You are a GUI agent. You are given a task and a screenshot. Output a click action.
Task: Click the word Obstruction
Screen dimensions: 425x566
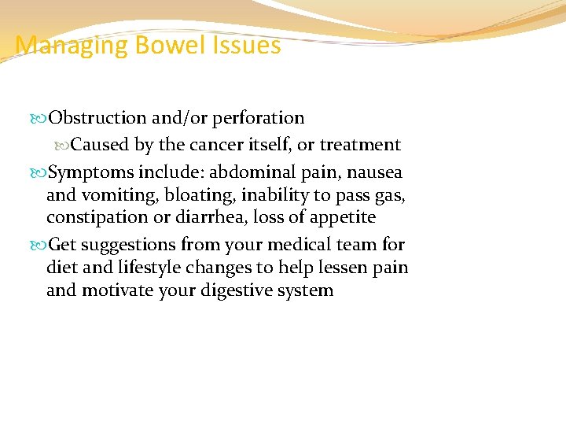tap(97, 118)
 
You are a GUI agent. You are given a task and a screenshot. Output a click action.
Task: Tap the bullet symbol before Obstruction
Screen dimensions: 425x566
tap(41, 119)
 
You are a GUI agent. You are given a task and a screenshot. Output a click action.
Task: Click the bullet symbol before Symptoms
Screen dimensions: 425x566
tap(41, 172)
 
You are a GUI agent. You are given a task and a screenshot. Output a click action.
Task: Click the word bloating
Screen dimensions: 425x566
tap(192, 194)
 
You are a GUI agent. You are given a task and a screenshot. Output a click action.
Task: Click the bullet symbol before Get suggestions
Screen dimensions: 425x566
tap(41, 246)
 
